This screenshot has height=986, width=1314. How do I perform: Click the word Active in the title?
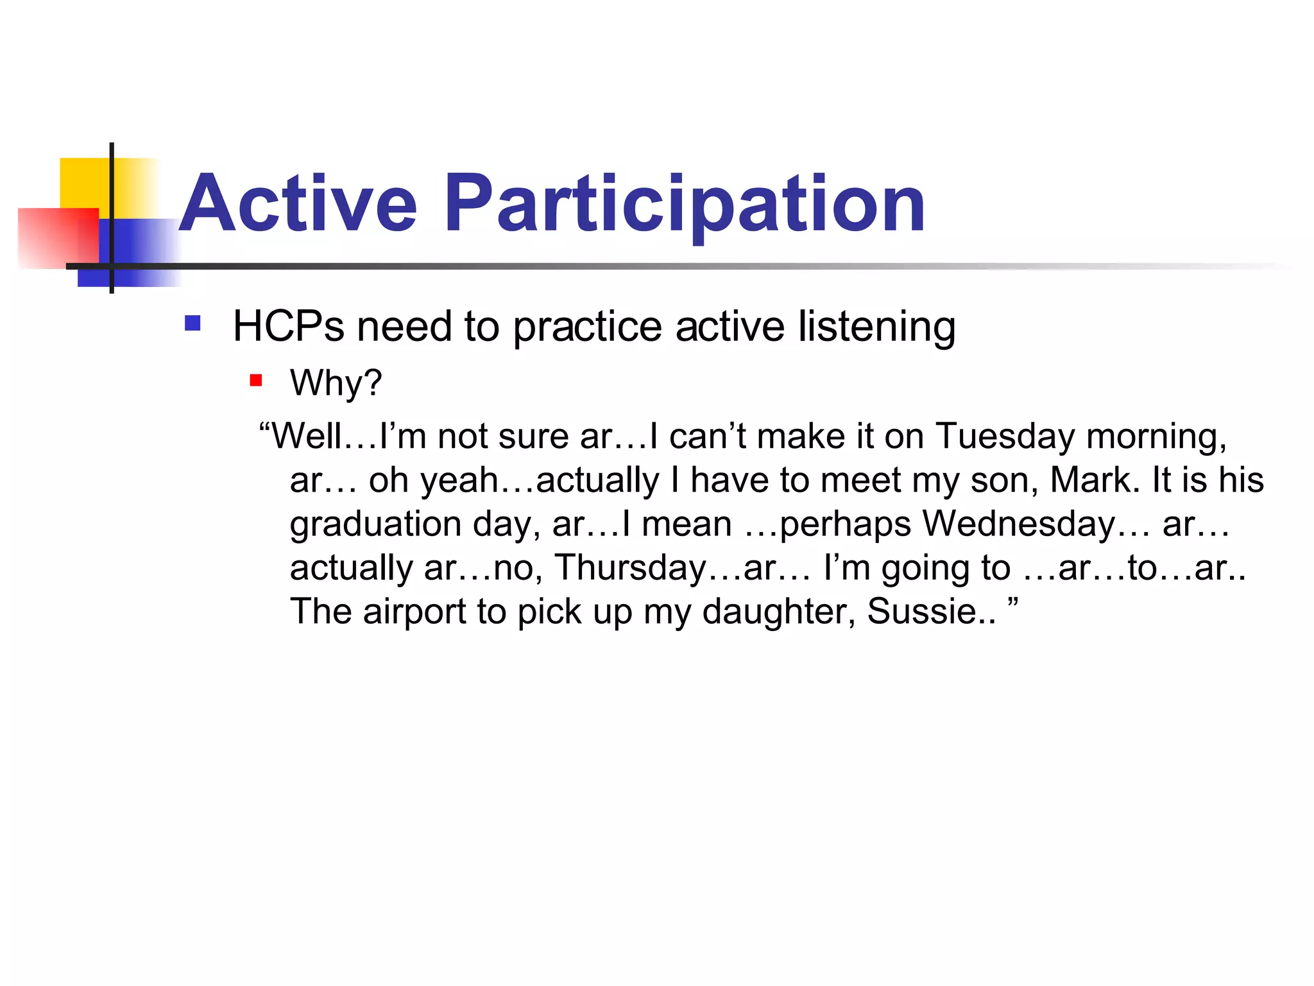pos(298,204)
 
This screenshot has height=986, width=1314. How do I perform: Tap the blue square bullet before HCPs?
pos(192,322)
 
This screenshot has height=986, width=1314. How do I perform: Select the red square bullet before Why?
pos(256,381)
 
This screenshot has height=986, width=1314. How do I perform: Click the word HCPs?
pos(289,326)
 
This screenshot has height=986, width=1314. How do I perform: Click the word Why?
pos(336,383)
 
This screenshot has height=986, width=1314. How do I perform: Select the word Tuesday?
pos(1005,437)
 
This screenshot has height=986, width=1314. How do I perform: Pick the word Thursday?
pos(631,567)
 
